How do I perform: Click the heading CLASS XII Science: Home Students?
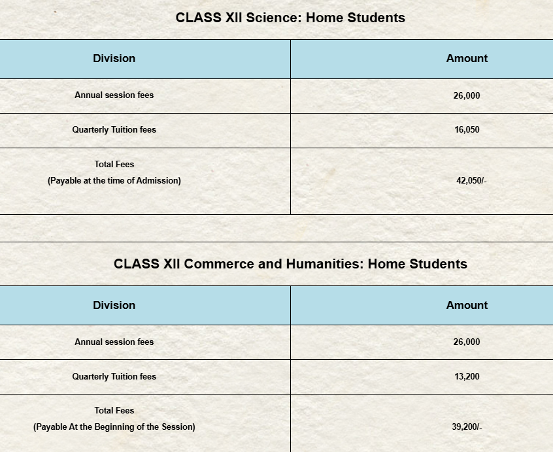click(290, 18)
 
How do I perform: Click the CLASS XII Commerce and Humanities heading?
click(290, 264)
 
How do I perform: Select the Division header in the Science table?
click(114, 58)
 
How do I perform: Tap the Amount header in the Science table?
click(467, 58)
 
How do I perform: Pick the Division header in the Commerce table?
click(114, 305)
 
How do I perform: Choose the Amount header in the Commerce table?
click(467, 305)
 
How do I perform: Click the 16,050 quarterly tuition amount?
click(467, 129)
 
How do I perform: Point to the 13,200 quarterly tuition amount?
click(467, 376)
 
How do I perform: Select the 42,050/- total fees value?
click(471, 180)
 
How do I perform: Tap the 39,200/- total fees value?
click(467, 427)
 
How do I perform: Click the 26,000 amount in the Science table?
click(467, 95)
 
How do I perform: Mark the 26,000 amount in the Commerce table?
click(467, 342)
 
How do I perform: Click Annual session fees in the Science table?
click(114, 95)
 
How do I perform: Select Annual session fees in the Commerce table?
click(114, 342)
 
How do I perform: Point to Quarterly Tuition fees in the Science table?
click(114, 129)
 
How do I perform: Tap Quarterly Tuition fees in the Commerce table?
click(114, 376)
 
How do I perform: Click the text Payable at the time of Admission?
click(114, 180)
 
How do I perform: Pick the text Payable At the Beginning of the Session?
click(114, 427)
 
